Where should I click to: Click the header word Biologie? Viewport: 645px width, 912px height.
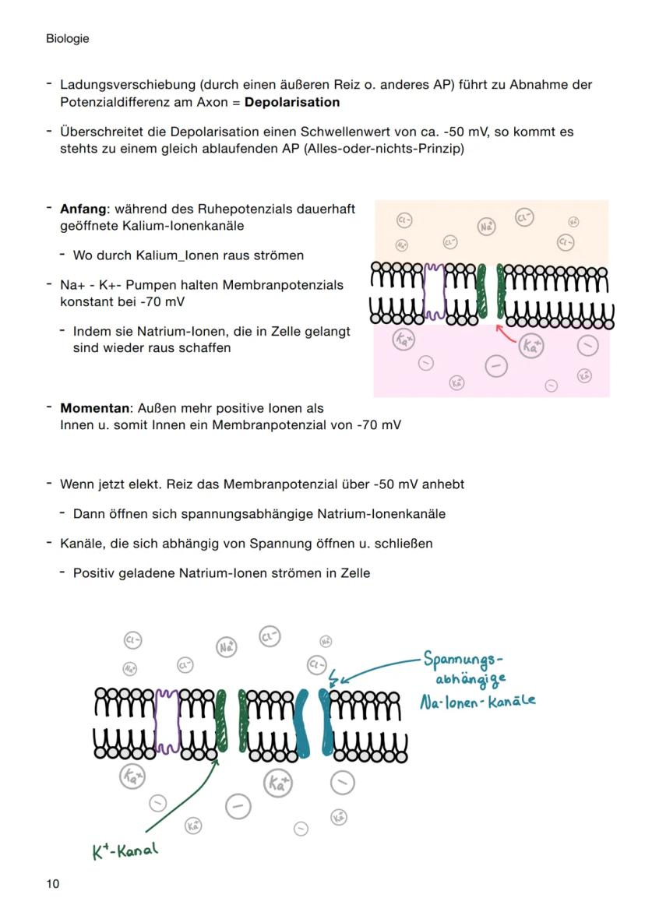[x=67, y=38]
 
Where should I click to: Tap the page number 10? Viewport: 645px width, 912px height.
[x=52, y=883]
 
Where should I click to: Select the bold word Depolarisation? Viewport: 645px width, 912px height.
[x=292, y=102]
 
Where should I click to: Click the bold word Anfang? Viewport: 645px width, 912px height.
[x=83, y=209]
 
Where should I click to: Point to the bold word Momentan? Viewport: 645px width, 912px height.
[x=93, y=408]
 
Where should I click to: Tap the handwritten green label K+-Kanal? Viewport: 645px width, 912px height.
[x=125, y=850]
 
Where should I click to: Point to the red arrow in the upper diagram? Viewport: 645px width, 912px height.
[x=506, y=335]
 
